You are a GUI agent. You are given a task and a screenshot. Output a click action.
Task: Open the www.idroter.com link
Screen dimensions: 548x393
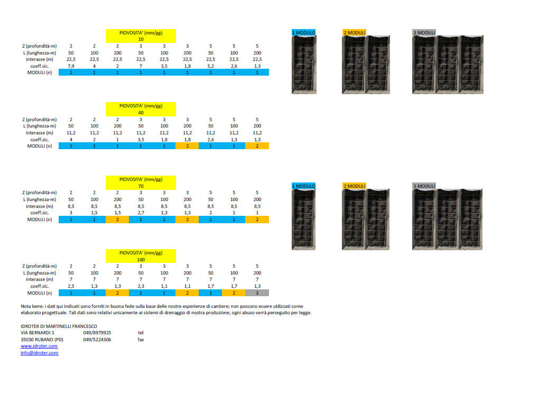pyautogui.click(x=39, y=346)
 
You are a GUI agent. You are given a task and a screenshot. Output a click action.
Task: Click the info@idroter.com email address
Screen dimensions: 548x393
pyautogui.click(x=40, y=353)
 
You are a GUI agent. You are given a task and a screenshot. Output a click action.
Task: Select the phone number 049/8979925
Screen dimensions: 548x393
pyautogui.click(x=97, y=333)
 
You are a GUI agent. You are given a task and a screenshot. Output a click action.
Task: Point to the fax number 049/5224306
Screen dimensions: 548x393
pyautogui.click(x=97, y=340)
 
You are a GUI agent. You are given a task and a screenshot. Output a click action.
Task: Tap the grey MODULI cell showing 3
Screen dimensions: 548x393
pyautogui.click(x=257, y=293)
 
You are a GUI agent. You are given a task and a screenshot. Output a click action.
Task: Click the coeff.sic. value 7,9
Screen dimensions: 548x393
pyautogui.click(x=71, y=66)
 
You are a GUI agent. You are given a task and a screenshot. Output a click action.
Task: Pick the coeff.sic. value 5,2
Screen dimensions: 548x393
pyautogui.click(x=211, y=66)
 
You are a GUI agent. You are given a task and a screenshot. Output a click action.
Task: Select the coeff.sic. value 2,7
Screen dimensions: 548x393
pyautogui.click(x=141, y=213)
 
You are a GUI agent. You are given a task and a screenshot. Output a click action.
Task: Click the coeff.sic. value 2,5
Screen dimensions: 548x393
pyautogui.click(x=71, y=286)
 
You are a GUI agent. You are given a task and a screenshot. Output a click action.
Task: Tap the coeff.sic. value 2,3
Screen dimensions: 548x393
pyautogui.click(x=141, y=286)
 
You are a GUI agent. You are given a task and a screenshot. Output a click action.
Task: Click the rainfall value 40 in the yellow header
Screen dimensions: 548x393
pyautogui.click(x=141, y=113)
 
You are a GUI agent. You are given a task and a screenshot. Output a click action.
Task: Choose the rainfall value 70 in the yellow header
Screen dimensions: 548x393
pyautogui.click(x=141, y=186)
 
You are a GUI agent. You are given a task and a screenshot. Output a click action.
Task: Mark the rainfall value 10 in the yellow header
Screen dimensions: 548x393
pyautogui.click(x=141, y=39)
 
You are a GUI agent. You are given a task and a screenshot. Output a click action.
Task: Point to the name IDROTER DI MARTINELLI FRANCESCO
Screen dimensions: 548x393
pyautogui.click(x=59, y=326)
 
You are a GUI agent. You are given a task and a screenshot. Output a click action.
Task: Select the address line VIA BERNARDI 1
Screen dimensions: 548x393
pyautogui.click(x=38, y=333)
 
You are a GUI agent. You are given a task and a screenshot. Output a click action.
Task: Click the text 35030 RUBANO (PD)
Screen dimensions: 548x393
pyautogui.click(x=42, y=340)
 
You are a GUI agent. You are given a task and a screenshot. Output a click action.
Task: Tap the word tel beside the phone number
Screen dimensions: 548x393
pyautogui.click(x=141, y=333)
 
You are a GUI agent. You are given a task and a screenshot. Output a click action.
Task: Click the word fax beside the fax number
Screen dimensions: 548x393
pyautogui.click(x=141, y=340)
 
